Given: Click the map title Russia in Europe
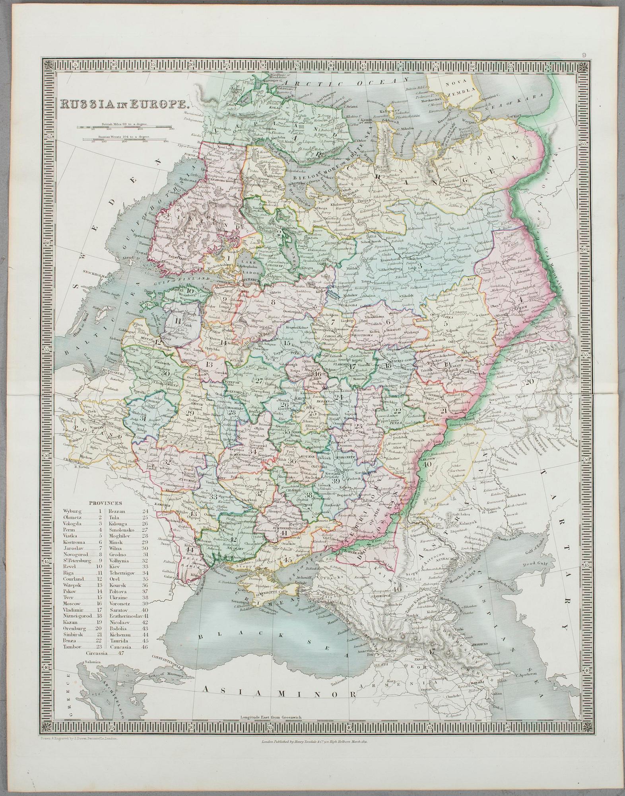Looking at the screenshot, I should pyautogui.click(x=123, y=104).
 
